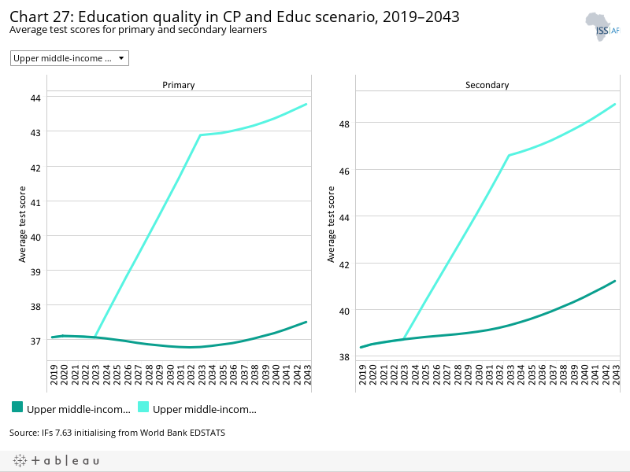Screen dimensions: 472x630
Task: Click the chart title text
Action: pyautogui.click(x=234, y=17)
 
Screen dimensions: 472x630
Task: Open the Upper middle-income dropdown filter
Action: pyautogui.click(x=69, y=58)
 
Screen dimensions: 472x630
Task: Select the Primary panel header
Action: pyautogui.click(x=179, y=85)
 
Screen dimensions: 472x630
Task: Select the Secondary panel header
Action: pyautogui.click(x=487, y=85)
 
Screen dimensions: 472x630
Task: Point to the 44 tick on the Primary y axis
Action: pyautogui.click(x=35, y=98)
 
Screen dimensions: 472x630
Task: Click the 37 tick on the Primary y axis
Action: pyautogui.click(x=35, y=341)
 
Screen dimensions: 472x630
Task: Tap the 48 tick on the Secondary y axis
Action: pyautogui.click(x=344, y=123)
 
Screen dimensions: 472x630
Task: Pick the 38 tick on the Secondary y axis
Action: pyautogui.click(x=344, y=356)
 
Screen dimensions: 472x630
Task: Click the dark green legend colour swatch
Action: pyautogui.click(x=17, y=407)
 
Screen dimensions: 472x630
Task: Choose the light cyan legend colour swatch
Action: pyautogui.click(x=143, y=407)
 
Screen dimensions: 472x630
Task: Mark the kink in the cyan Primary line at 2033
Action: pyautogui.click(x=201, y=135)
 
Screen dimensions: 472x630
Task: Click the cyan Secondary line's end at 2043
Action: pyautogui.click(x=614, y=104)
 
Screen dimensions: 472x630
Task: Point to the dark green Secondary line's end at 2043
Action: pyautogui.click(x=614, y=281)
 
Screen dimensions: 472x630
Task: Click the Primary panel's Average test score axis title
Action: pyautogui.click(x=23, y=224)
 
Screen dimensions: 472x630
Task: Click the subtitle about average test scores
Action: pyautogui.click(x=138, y=30)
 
